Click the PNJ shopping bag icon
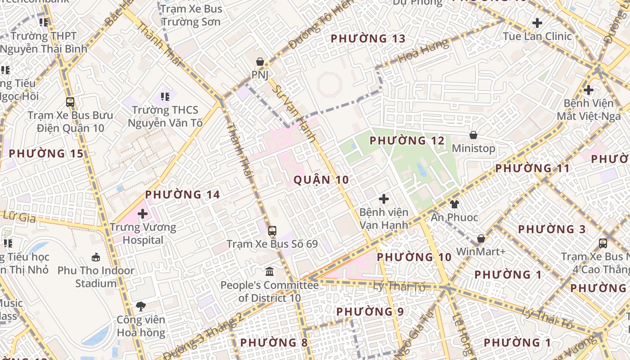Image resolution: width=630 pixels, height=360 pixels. pos(260,62)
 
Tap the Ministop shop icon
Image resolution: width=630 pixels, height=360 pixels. pos(473,135)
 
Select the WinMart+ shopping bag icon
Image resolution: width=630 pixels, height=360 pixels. pos(481,238)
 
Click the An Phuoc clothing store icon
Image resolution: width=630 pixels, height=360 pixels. pos(454,204)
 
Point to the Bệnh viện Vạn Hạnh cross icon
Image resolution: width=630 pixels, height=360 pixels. pos(384,198)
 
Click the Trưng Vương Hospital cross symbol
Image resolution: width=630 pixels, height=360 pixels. pos(143,213)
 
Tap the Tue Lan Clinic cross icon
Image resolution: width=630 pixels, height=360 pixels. pos(537,23)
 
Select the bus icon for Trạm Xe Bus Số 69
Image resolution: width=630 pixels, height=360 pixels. pos(272,231)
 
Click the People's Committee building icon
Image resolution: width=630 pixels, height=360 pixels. pos(270,271)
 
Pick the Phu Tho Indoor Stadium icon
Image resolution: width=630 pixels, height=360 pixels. pos(95,257)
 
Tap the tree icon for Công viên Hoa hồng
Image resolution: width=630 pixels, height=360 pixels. pos(141,306)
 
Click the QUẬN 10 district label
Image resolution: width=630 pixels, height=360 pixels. pos(321,180)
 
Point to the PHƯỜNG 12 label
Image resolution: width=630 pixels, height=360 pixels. pos(407,141)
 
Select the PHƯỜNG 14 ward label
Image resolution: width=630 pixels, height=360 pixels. pos(182,195)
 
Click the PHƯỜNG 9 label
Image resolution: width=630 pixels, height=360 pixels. pos(370,311)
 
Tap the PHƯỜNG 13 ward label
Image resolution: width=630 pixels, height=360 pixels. pos(368,39)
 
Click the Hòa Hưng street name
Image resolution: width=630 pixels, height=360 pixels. pos(423,51)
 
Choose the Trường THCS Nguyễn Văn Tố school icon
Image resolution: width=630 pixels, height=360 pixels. pos(165,96)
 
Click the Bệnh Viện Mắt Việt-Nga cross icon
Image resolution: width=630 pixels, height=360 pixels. pos(588,90)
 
